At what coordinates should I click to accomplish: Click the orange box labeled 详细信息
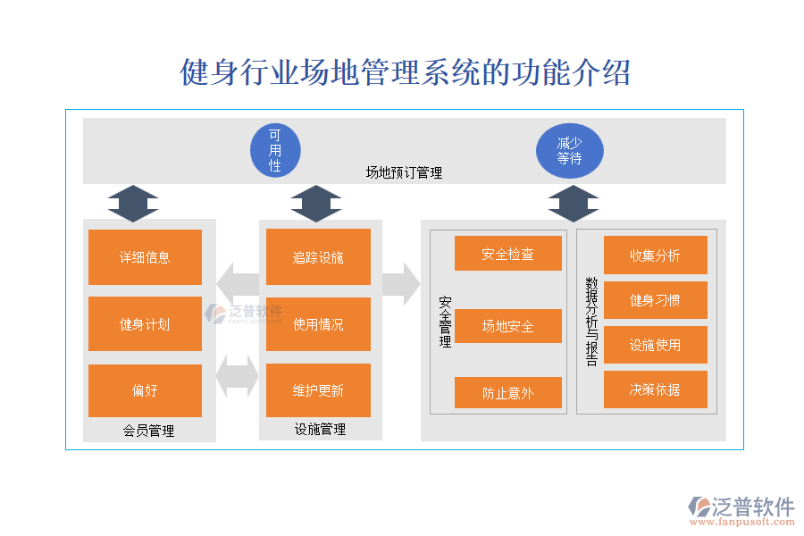pyautogui.click(x=145, y=257)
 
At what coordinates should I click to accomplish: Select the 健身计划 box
pyautogui.click(x=145, y=324)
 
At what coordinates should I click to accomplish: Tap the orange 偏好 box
pyautogui.click(x=145, y=390)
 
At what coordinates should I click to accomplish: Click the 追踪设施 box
pyautogui.click(x=318, y=257)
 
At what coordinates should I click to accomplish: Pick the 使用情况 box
pyautogui.click(x=318, y=324)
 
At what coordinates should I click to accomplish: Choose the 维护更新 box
pyautogui.click(x=318, y=390)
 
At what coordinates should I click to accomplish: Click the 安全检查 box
pyautogui.click(x=507, y=254)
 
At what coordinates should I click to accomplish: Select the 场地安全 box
pyautogui.click(x=507, y=326)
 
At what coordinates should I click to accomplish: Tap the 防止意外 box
pyautogui.click(x=507, y=393)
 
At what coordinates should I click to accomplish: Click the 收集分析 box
pyautogui.click(x=655, y=255)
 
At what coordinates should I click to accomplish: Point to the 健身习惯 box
pyautogui.click(x=655, y=300)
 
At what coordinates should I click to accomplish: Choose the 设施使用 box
pyautogui.click(x=655, y=345)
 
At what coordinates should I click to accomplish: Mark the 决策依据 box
pyautogui.click(x=655, y=389)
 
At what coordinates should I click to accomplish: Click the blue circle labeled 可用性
pyautogui.click(x=275, y=150)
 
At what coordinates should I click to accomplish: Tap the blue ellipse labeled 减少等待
pyautogui.click(x=569, y=150)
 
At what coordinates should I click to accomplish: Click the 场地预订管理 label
pyautogui.click(x=404, y=172)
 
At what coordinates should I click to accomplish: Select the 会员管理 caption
pyautogui.click(x=148, y=431)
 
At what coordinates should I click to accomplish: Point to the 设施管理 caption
pyautogui.click(x=320, y=429)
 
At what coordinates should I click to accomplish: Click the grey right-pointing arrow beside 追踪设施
pyautogui.click(x=401, y=284)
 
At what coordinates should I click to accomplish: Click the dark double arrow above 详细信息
pyautogui.click(x=133, y=204)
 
